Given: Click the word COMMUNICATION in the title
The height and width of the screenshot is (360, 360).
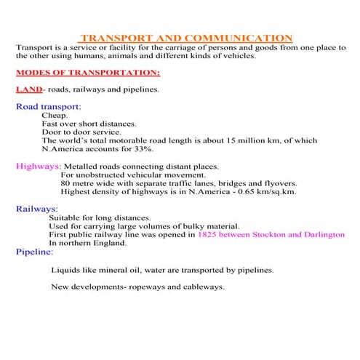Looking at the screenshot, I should coord(240,38).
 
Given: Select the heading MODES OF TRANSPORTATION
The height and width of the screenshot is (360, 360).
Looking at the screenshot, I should coord(87,73).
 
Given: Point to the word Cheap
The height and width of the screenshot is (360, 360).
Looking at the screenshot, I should coord(55,116).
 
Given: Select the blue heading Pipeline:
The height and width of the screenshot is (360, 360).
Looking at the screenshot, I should coord(34,252).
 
